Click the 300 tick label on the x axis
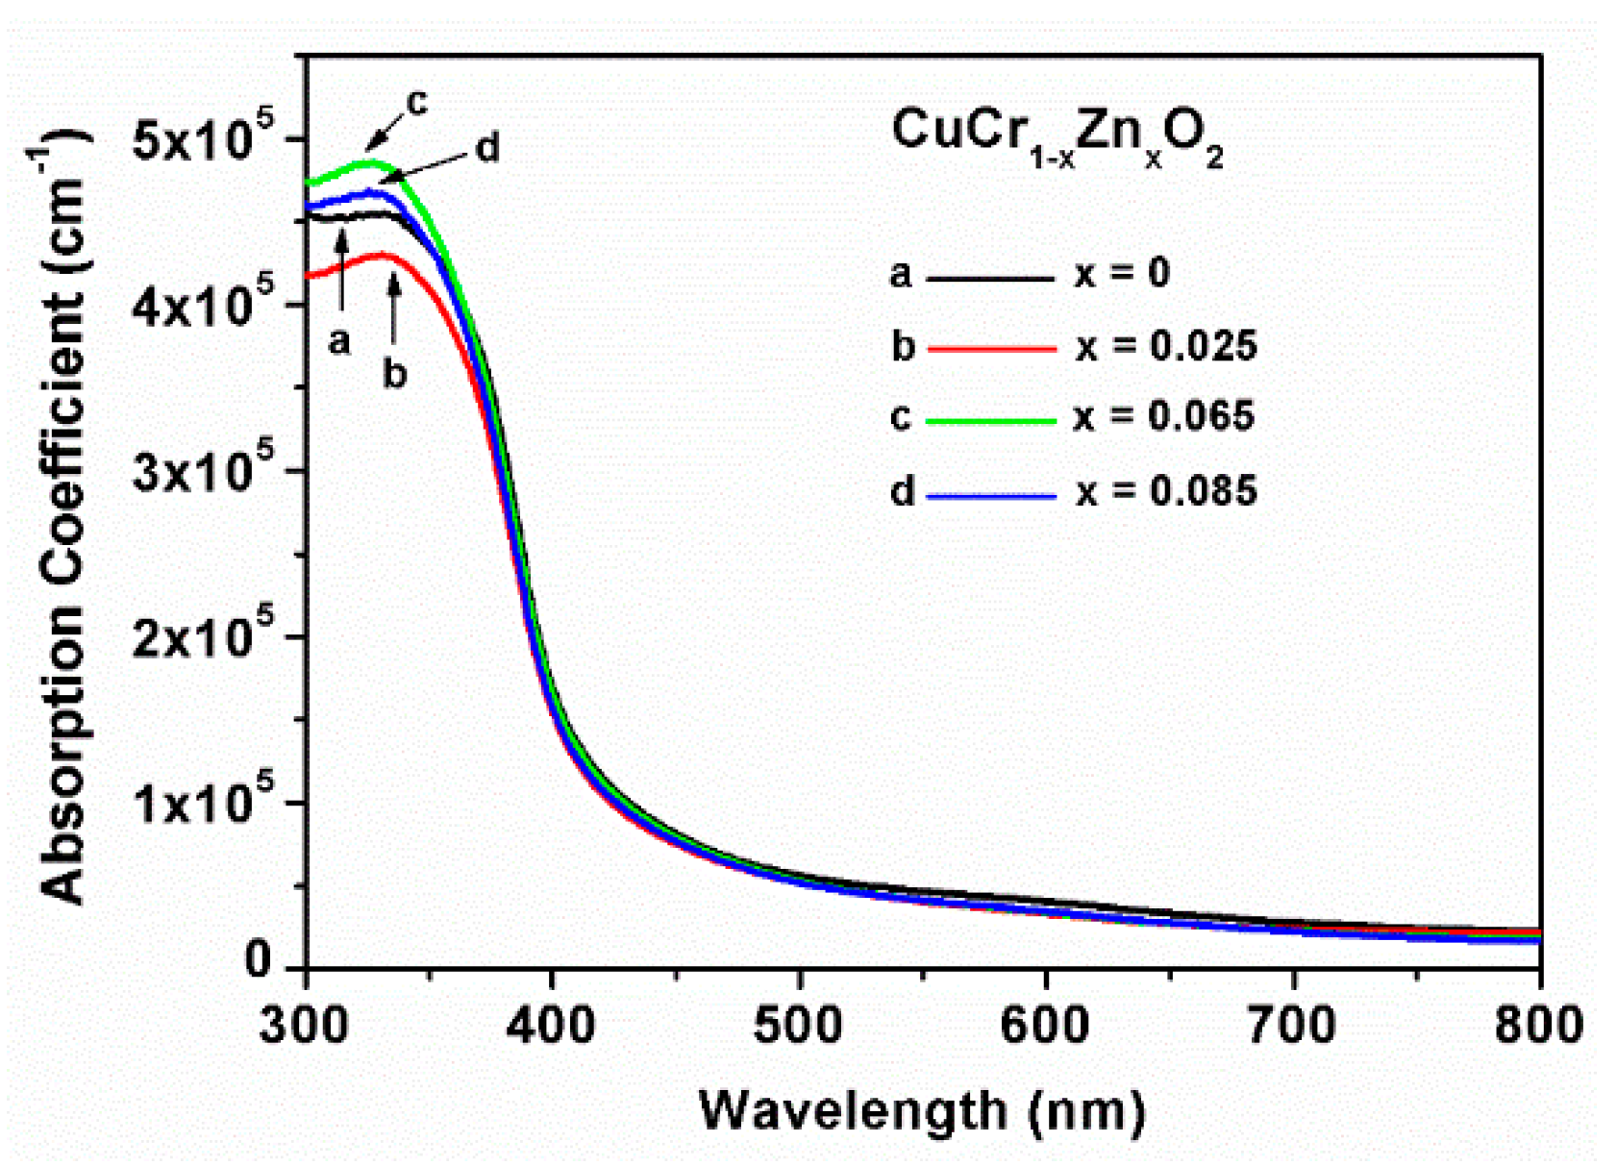point(304,1026)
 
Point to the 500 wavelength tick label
point(798,1026)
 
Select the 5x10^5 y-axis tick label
point(203,141)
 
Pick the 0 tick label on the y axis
point(258,960)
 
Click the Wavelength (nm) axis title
point(922,1110)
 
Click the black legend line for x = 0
point(990,279)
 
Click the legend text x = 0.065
point(1164,416)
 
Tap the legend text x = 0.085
point(1166,491)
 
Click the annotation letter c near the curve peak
point(416,102)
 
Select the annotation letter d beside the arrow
point(487,149)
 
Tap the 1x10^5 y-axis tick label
point(203,804)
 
